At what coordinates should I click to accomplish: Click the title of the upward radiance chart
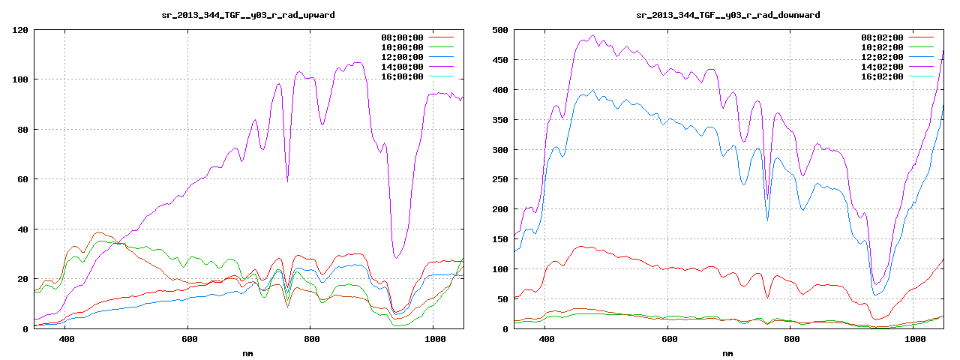coord(248,15)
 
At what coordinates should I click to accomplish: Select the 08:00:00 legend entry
coord(403,37)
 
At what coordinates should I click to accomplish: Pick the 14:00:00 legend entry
coord(403,67)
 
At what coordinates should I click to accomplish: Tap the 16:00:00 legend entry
coord(403,76)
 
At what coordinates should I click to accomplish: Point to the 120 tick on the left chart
coord(20,30)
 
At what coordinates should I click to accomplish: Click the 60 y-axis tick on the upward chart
coord(23,179)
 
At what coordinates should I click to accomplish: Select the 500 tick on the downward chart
coord(500,30)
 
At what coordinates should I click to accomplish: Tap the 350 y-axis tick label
coord(500,120)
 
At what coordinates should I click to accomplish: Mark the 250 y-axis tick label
coord(500,180)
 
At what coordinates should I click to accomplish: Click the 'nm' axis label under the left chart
coord(248,352)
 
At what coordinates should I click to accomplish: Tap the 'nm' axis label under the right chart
coord(727,352)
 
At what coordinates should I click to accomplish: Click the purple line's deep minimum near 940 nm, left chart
coord(396,258)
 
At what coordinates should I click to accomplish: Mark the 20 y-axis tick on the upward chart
coord(23,279)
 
